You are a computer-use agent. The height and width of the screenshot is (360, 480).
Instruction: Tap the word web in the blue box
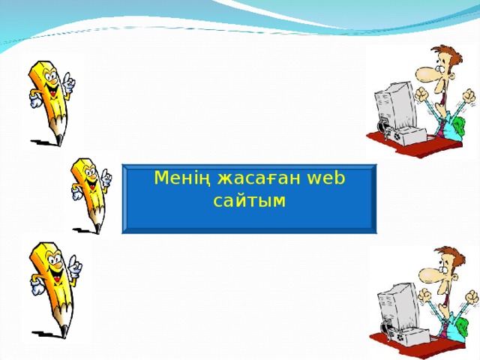coord(325,178)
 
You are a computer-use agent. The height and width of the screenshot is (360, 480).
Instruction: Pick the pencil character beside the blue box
coord(90,192)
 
